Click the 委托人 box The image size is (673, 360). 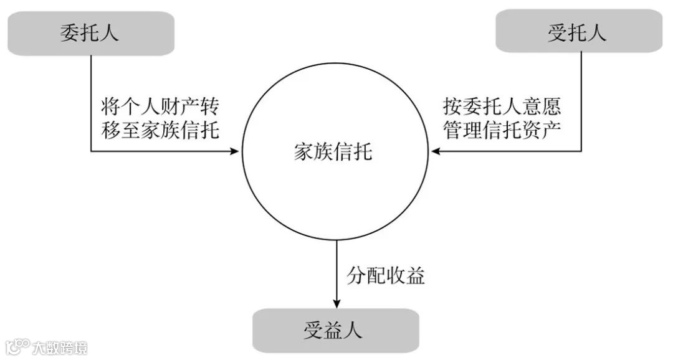[91, 33]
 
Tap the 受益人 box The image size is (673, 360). [335, 330]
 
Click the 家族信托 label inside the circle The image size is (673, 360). [334, 151]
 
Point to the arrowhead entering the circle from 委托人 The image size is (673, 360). [236, 151]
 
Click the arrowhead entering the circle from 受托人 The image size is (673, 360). [436, 151]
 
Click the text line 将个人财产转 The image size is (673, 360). [160, 107]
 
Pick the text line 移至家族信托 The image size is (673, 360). [160, 130]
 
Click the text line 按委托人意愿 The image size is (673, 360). [502, 107]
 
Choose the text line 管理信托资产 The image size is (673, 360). [502, 130]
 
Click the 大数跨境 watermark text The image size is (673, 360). [60, 346]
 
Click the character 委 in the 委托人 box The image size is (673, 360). [69, 33]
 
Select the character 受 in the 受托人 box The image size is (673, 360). [556, 32]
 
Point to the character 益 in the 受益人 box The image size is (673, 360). [335, 330]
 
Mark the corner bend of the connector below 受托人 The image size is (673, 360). [581, 151]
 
